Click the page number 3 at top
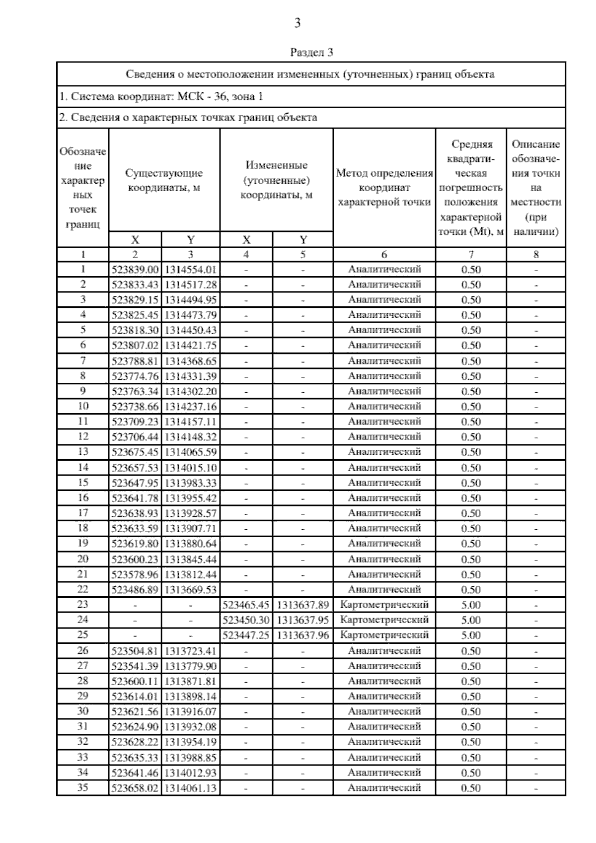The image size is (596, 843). click(x=298, y=23)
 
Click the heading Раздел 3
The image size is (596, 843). click(x=311, y=52)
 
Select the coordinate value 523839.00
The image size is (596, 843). click(x=135, y=270)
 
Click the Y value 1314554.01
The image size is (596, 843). click(x=191, y=270)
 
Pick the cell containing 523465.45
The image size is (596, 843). click(x=246, y=605)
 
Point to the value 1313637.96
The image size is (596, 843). click(x=303, y=635)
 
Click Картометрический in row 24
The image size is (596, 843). click(x=384, y=620)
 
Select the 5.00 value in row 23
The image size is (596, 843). click(x=471, y=605)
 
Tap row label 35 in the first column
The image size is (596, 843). click(x=83, y=787)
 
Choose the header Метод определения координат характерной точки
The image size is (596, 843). click(x=384, y=188)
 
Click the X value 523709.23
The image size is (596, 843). click(x=135, y=421)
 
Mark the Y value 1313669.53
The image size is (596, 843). click(x=191, y=589)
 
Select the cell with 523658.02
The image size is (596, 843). click(x=135, y=788)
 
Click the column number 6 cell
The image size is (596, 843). click(x=384, y=255)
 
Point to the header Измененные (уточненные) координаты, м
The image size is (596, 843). click(x=276, y=180)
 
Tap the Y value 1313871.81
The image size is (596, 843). click(x=191, y=681)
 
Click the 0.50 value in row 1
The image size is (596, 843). click(x=471, y=270)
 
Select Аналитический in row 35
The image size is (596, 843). click(x=384, y=788)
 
